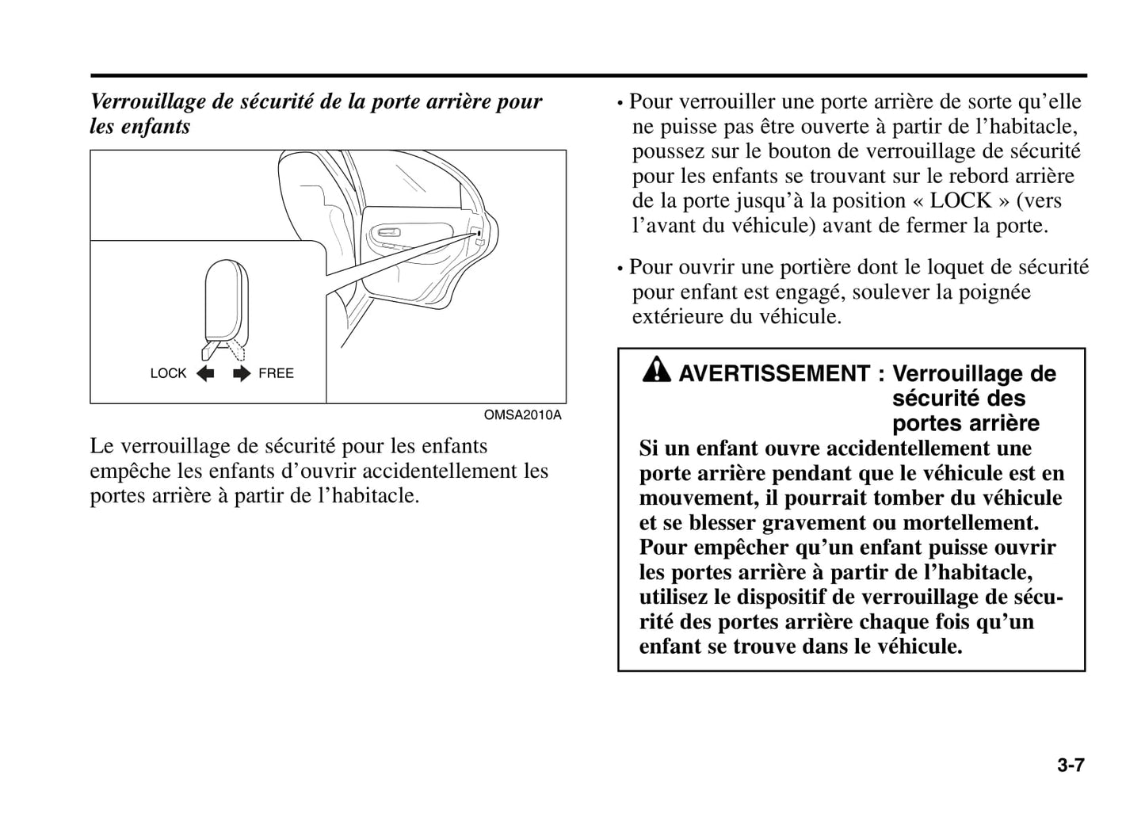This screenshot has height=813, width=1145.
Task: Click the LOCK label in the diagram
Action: click(x=168, y=373)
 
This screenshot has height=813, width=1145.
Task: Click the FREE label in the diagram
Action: click(x=276, y=373)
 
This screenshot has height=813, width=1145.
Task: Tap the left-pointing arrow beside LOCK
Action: click(x=205, y=373)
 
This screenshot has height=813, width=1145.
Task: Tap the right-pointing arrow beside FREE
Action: click(x=242, y=373)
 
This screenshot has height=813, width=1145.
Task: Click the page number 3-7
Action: click(x=1070, y=765)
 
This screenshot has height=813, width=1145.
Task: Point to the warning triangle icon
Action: click(x=657, y=369)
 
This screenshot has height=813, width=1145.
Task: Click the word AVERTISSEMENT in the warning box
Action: click(x=774, y=374)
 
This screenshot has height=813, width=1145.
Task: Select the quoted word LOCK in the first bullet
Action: click(x=960, y=200)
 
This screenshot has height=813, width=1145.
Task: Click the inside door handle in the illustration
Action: click(x=388, y=232)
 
